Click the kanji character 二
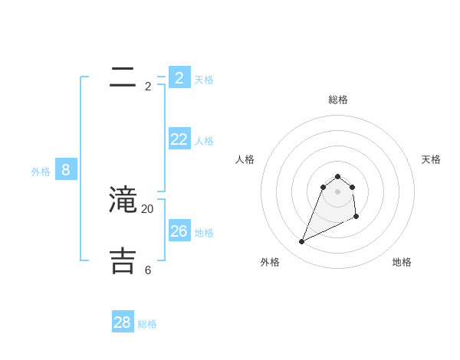coord(123,77)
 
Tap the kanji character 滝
coord(123,200)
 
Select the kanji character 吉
coord(123,260)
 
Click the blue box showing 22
coord(179,139)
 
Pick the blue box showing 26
coord(179,231)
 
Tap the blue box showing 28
coord(123,322)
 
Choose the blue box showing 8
coord(66,169)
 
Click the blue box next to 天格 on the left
coord(179,77)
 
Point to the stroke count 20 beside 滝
coord(147,208)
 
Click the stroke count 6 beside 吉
coord(148,270)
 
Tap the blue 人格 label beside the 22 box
coord(204,141)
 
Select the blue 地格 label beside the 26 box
coord(204,233)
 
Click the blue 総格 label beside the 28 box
coord(147,325)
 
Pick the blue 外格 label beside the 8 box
coord(41,172)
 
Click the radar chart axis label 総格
coord(338,100)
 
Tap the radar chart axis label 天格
coord(431,159)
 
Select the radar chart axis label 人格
coord(245,159)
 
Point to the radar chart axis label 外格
coord(270,262)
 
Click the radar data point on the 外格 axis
coord(302,242)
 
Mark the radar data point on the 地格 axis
coord(356,218)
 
